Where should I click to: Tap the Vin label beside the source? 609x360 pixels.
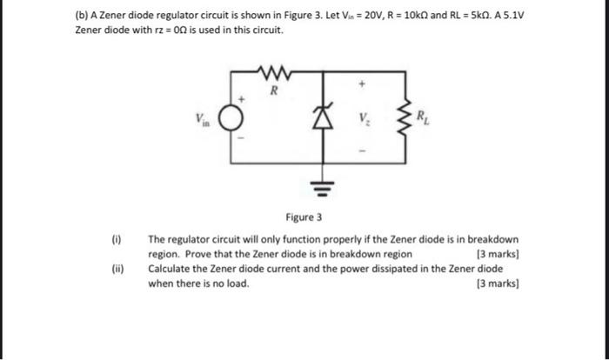[x=203, y=117]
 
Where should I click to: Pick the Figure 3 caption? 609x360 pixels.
[x=304, y=217]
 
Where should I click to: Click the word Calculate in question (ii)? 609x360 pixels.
[x=173, y=269]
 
